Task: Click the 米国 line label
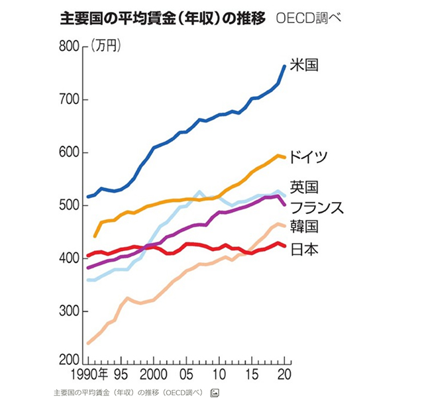305,66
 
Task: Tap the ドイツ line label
309,157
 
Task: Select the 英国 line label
305,187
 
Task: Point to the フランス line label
317,207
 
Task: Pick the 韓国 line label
305,227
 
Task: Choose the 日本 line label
305,250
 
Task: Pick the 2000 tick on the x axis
153,372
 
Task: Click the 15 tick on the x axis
252,372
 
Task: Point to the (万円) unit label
105,46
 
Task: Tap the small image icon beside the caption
215,393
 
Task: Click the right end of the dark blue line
284,66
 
